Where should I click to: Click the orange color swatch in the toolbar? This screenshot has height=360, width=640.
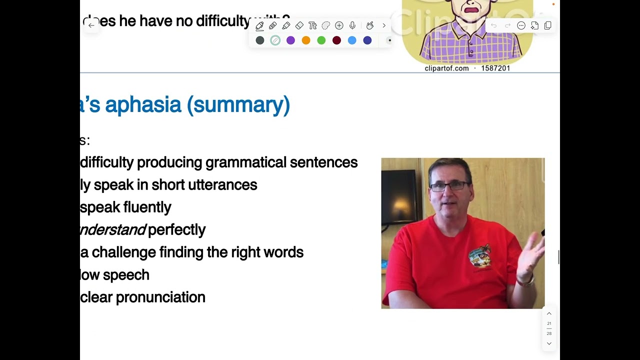click(x=306, y=40)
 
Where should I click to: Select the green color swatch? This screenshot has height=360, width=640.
click(x=321, y=40)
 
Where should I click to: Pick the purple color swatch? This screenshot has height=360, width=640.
click(x=290, y=40)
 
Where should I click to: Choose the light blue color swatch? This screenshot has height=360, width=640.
click(x=352, y=40)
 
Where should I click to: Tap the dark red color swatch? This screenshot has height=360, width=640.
click(x=336, y=40)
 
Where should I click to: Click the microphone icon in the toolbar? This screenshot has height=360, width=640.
click(x=352, y=25)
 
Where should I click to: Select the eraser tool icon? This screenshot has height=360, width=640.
click(x=299, y=25)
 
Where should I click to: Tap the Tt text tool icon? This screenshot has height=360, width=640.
click(x=312, y=25)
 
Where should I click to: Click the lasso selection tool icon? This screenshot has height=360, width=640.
click(x=325, y=25)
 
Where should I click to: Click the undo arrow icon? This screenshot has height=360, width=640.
click(x=493, y=25)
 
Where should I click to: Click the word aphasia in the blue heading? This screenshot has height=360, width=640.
click(x=143, y=104)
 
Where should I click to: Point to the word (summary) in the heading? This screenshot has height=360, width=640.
click(x=238, y=104)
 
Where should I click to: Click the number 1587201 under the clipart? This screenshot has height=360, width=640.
click(x=495, y=68)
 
